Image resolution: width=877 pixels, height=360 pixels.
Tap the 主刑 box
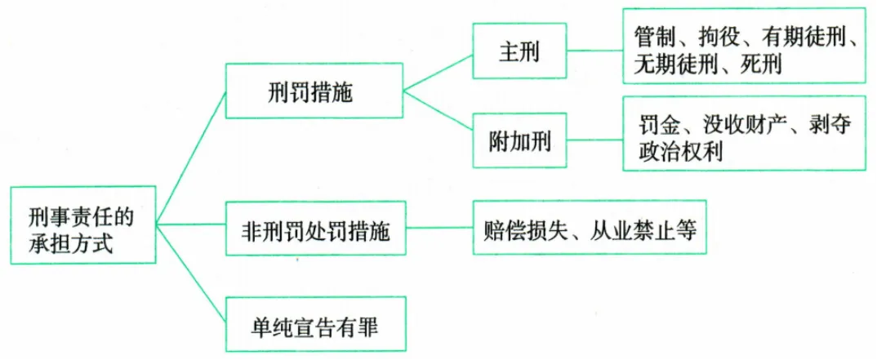[x=519, y=51]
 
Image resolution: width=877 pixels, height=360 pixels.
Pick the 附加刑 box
[x=519, y=141]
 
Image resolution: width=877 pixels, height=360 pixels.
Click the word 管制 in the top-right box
[x=653, y=37]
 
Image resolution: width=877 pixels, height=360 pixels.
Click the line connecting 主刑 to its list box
[x=594, y=51]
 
